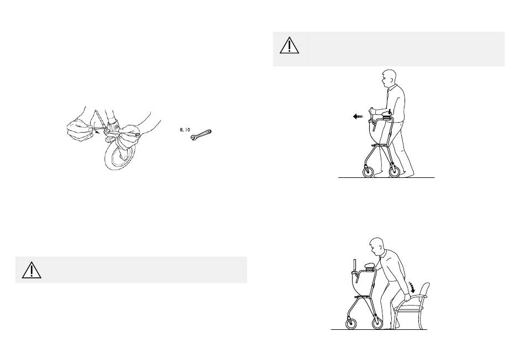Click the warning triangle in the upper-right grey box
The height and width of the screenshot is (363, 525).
289,45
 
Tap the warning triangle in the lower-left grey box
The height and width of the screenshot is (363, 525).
32,270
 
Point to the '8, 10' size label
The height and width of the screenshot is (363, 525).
185,130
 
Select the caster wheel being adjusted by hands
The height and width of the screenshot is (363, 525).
119,156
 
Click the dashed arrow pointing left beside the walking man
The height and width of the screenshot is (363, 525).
358,117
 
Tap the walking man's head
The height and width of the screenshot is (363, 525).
388,78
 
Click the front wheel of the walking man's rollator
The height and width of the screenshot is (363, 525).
368,172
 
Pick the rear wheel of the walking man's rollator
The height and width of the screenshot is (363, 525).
394,172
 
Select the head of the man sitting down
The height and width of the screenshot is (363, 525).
376,246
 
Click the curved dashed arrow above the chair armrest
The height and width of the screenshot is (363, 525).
412,287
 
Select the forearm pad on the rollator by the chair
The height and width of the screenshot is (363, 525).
369,266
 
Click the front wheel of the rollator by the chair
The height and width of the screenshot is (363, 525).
351,323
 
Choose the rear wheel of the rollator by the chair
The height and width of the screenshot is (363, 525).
377,323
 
